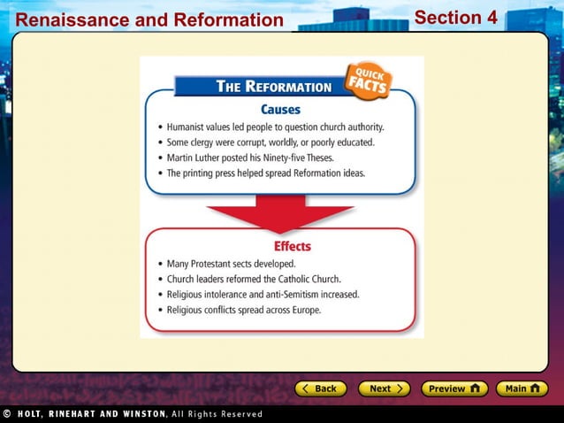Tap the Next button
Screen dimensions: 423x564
click(x=384, y=388)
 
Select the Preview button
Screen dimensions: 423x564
click(x=453, y=388)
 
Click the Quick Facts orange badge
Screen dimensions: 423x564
click(x=368, y=81)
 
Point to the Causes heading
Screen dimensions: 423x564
click(x=280, y=110)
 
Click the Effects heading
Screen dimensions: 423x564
click(x=292, y=246)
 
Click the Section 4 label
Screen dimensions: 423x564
click(x=455, y=18)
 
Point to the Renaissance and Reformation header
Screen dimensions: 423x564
click(x=149, y=19)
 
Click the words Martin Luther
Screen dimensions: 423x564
click(x=195, y=158)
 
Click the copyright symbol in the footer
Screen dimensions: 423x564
click(x=7, y=413)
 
